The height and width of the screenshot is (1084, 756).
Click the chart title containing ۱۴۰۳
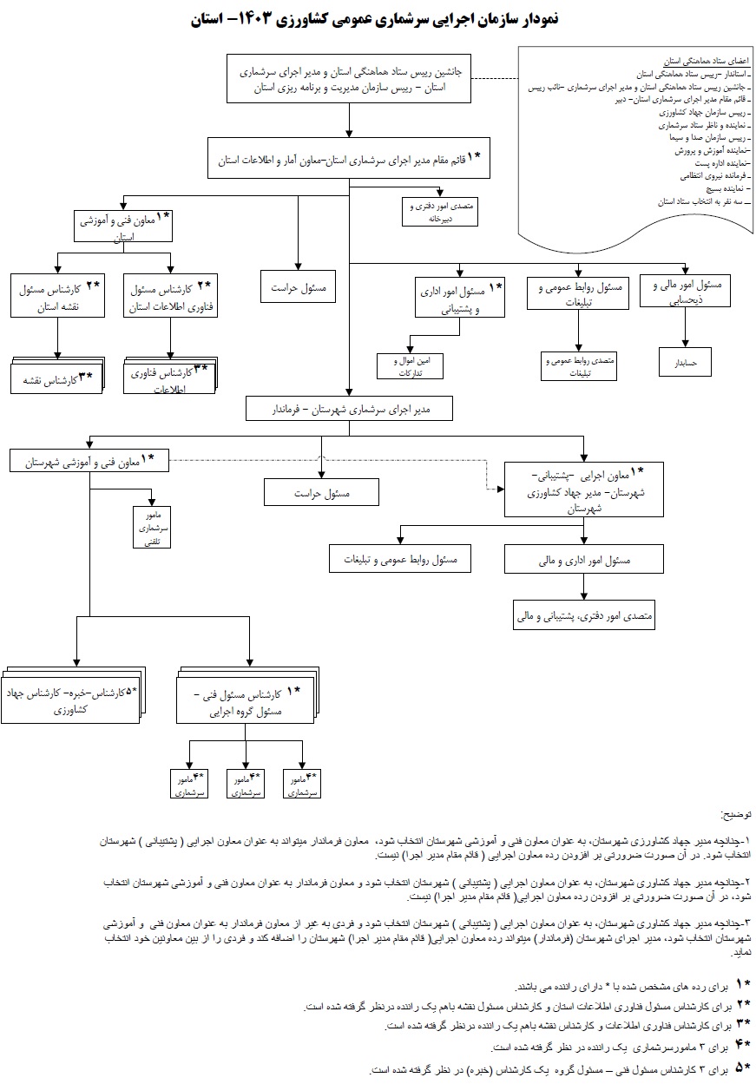pyautogui.click(x=378, y=18)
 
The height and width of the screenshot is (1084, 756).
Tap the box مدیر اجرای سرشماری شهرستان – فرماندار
pyautogui.click(x=350, y=409)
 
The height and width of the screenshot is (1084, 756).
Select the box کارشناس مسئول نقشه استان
pyautogui.click(x=58, y=295)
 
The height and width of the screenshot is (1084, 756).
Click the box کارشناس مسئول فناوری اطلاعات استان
pyautogui.click(x=171, y=295)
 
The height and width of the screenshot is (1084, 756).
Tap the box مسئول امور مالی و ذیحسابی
pyautogui.click(x=685, y=291)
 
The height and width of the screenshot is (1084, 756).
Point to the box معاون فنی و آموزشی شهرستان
pyautogui.click(x=89, y=461)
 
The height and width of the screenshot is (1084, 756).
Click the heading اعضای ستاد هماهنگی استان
pyautogui.click(x=694, y=62)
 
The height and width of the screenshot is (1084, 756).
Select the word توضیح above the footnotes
pyautogui.click(x=737, y=815)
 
